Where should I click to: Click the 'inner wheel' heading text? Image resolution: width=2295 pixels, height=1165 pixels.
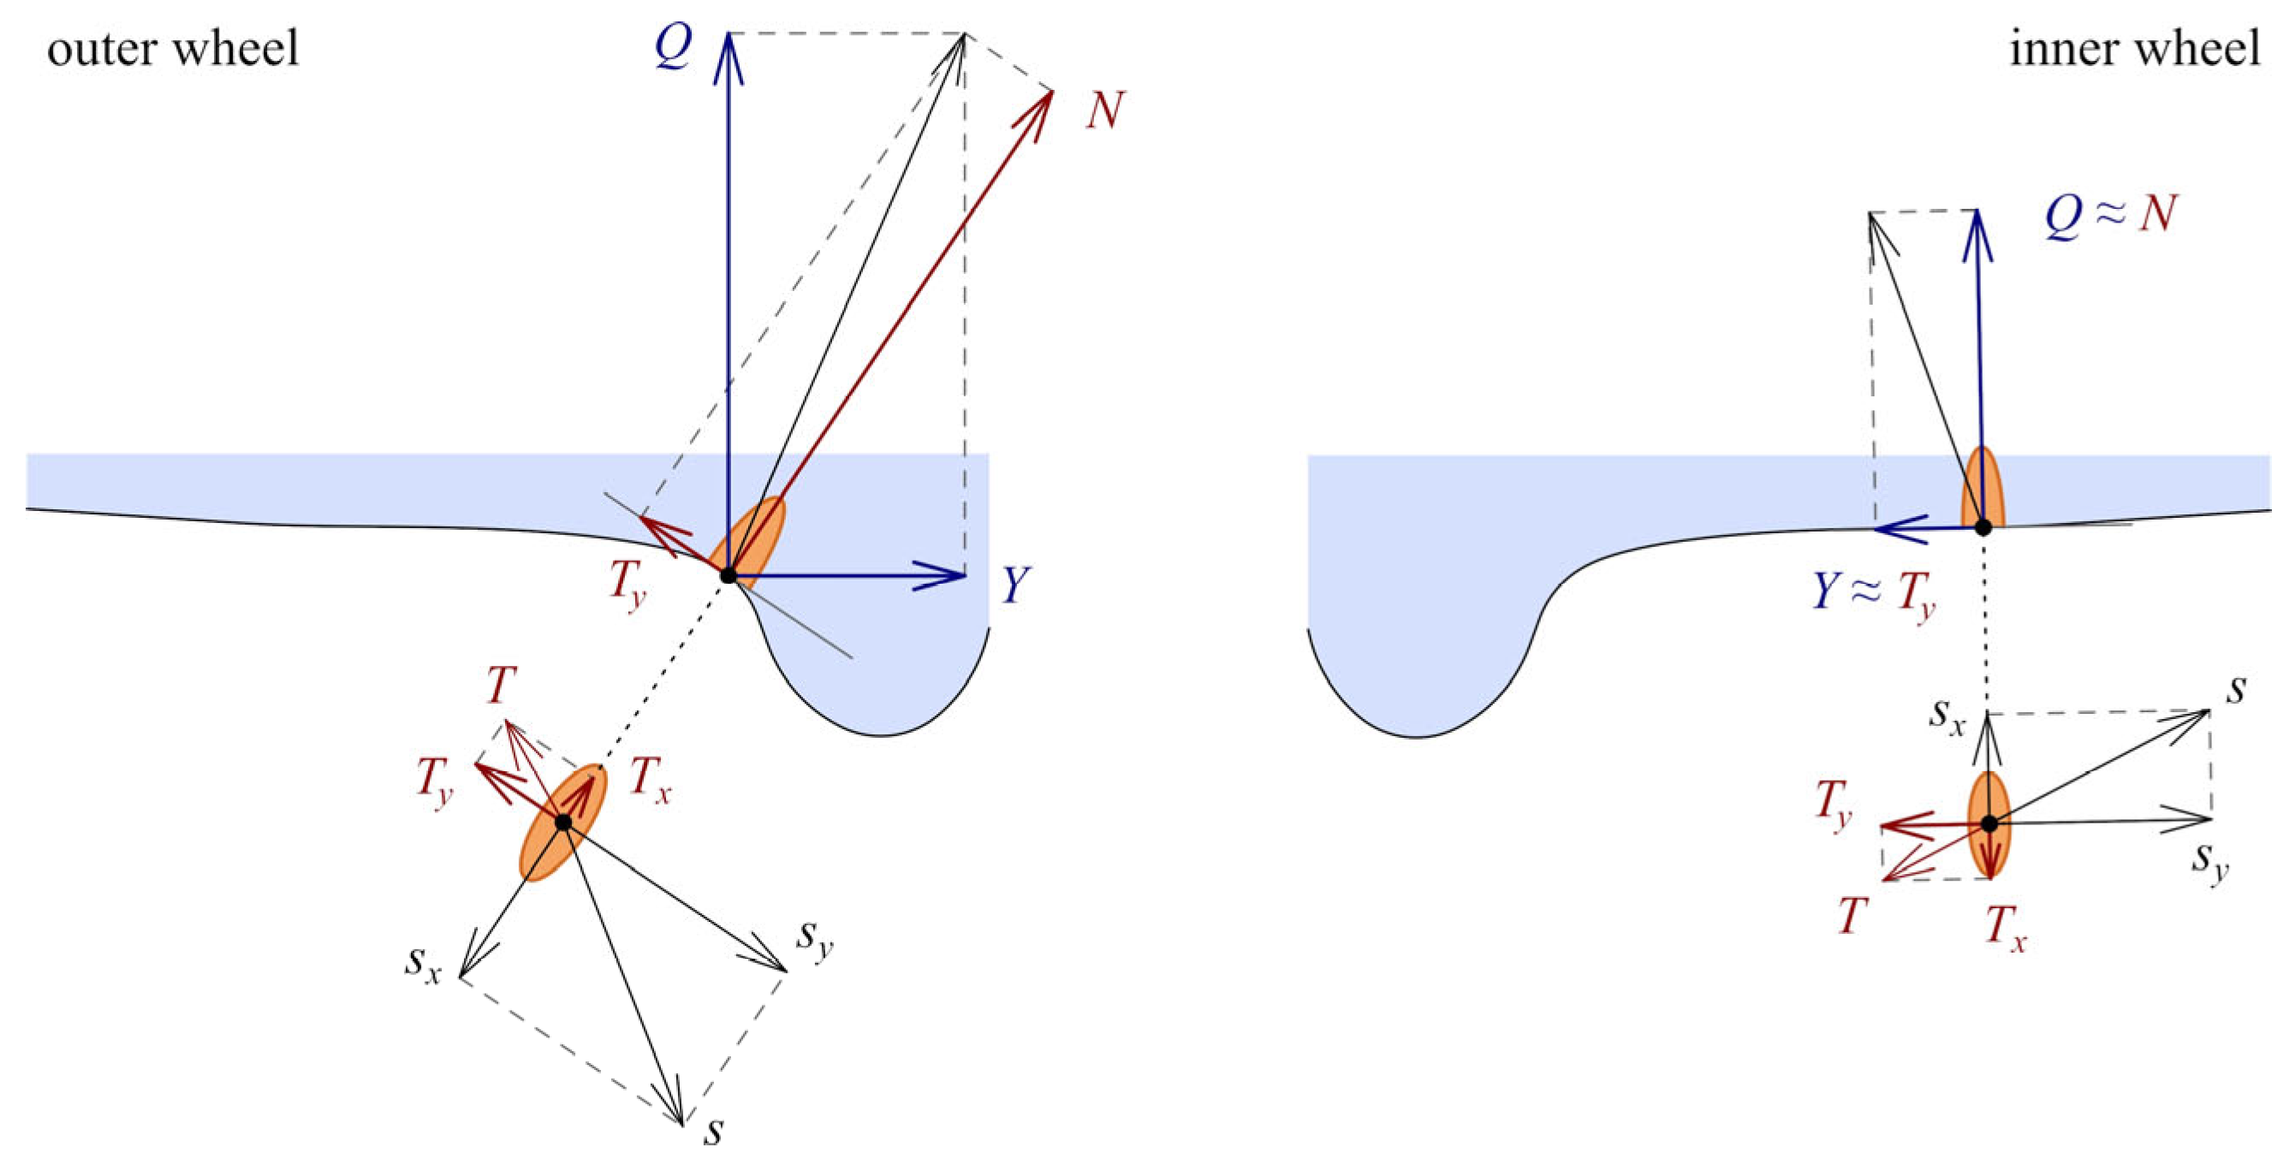click(x=2135, y=48)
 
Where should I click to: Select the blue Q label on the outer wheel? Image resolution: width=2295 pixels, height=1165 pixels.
click(x=673, y=46)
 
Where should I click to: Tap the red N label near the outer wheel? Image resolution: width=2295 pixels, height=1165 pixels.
click(x=1105, y=111)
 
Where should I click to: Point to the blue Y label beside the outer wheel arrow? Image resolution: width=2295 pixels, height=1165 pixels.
click(x=1014, y=585)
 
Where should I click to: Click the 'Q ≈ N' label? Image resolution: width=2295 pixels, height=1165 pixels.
click(x=2112, y=217)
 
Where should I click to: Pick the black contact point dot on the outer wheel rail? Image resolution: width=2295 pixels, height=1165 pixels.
click(x=728, y=575)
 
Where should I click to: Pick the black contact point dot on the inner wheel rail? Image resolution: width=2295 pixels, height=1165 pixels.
click(x=1983, y=527)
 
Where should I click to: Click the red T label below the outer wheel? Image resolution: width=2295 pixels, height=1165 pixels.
click(x=501, y=686)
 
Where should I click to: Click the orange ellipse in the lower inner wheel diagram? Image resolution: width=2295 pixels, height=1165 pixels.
click(x=1989, y=823)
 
